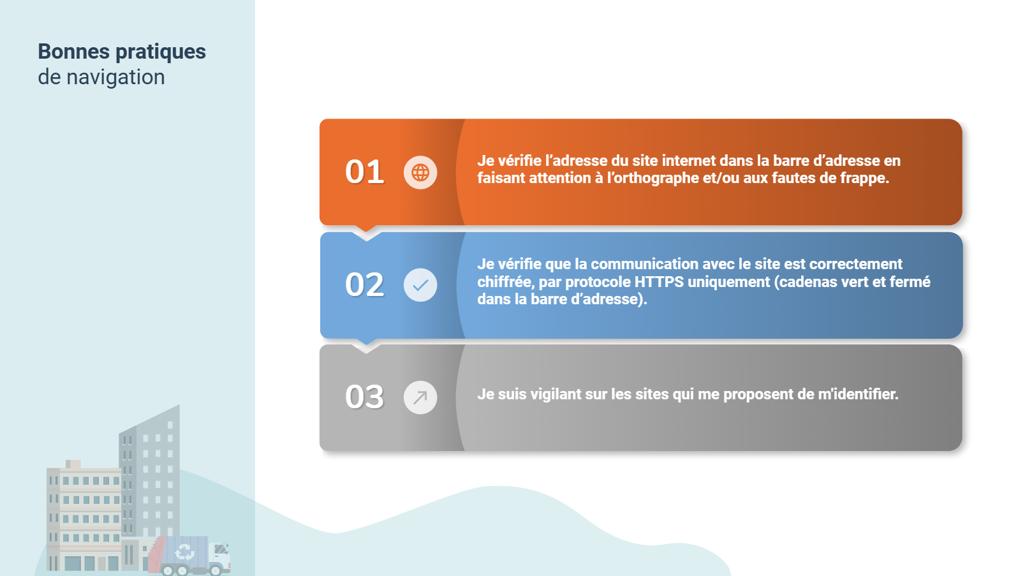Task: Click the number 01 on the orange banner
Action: point(364,172)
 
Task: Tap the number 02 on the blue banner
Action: point(364,284)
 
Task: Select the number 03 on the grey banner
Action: point(364,397)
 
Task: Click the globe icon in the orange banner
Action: point(420,172)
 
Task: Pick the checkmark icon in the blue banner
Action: point(420,285)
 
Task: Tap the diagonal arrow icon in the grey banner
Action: point(420,397)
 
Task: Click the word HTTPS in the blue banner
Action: point(659,282)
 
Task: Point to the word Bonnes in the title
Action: point(74,51)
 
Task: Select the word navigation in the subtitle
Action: point(115,77)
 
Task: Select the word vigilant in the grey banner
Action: point(556,394)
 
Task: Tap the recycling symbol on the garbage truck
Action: point(184,552)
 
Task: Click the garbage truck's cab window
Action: point(221,549)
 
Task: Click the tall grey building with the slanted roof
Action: point(150,471)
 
